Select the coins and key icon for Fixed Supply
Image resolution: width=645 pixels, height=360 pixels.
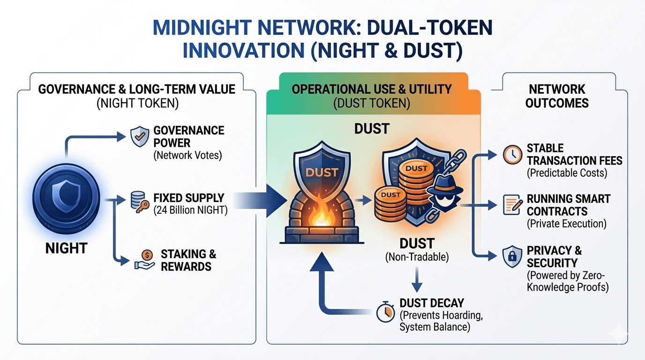pyautogui.click(x=138, y=203)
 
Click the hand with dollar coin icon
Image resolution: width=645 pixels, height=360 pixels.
pyautogui.click(x=144, y=259)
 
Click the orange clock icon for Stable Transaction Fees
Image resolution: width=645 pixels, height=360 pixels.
pyautogui.click(x=512, y=155)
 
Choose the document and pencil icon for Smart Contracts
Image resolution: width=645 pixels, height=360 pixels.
pyautogui.click(x=512, y=205)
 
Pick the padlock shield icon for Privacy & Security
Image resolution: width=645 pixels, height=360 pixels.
pyautogui.click(x=512, y=256)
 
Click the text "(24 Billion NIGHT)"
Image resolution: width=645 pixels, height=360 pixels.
pyautogui.click(x=191, y=210)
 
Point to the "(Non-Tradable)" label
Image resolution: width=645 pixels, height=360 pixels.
pyautogui.click(x=417, y=257)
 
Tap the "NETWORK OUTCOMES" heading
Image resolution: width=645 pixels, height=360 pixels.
pyautogui.click(x=557, y=96)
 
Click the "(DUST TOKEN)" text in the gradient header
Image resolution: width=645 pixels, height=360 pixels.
pyautogui.click(x=372, y=103)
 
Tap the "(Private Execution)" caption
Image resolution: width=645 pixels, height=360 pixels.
pyautogui.click(x=567, y=224)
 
